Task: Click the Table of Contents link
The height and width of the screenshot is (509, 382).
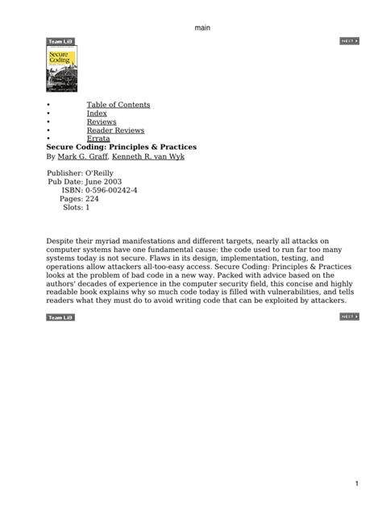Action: coord(118,105)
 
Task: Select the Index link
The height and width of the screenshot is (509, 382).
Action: coord(97,114)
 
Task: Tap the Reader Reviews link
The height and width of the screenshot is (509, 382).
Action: coord(115,130)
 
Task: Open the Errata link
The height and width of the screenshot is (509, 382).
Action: coord(98,139)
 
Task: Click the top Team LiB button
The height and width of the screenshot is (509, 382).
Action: coord(60,40)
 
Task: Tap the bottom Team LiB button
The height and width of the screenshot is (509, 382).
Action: coord(60,317)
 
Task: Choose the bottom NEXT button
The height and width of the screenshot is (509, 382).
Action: coord(348,317)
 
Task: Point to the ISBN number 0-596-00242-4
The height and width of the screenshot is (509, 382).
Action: coord(106,190)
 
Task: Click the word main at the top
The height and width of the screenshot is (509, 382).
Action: coord(202,28)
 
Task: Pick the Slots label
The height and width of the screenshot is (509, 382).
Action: coord(71,208)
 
